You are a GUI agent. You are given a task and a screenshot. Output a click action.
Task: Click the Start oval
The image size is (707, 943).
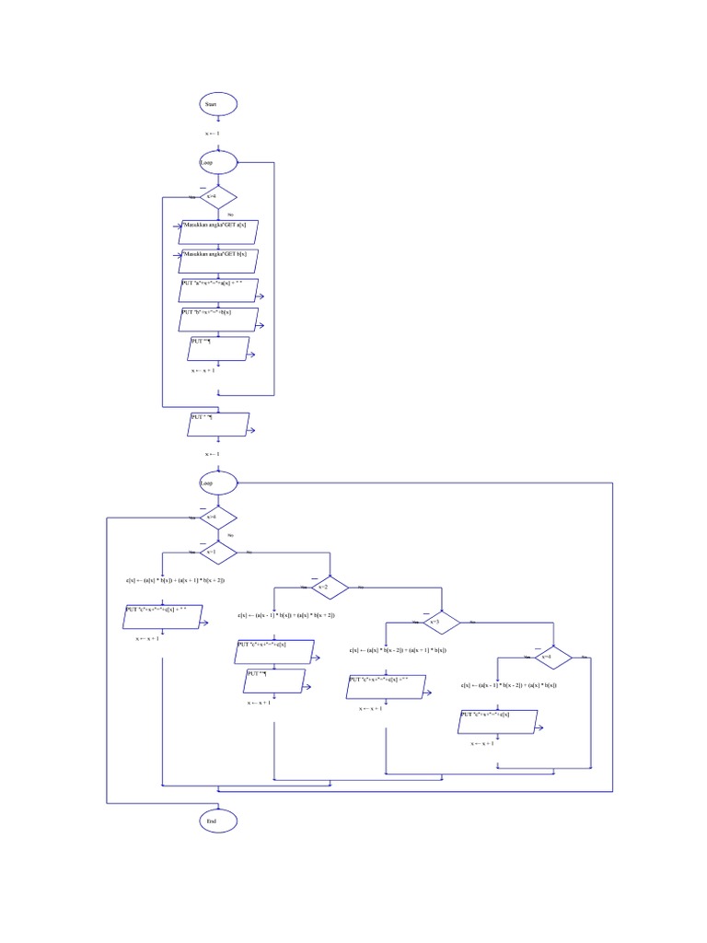coord(218,105)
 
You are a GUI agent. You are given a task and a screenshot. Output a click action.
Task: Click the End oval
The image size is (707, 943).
coord(218,821)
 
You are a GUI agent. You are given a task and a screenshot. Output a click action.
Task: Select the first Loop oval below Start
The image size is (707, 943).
coord(218,163)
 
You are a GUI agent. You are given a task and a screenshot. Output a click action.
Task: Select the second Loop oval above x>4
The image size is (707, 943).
coord(218,482)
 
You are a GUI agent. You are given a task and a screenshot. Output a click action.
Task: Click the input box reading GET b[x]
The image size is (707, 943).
coord(218,258)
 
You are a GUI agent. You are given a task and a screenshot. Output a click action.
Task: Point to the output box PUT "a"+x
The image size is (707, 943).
coord(218,290)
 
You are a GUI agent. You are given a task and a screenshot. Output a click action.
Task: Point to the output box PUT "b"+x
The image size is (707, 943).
coord(218,319)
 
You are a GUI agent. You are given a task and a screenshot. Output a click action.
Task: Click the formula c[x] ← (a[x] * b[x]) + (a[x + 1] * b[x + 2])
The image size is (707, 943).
coord(175,580)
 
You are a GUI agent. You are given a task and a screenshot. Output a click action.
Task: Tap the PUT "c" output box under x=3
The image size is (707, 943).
coord(386,686)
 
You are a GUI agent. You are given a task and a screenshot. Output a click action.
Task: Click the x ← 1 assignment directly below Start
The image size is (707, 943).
coord(212,134)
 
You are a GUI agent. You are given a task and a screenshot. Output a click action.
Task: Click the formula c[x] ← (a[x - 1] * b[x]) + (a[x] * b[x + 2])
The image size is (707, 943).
coord(285,615)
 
